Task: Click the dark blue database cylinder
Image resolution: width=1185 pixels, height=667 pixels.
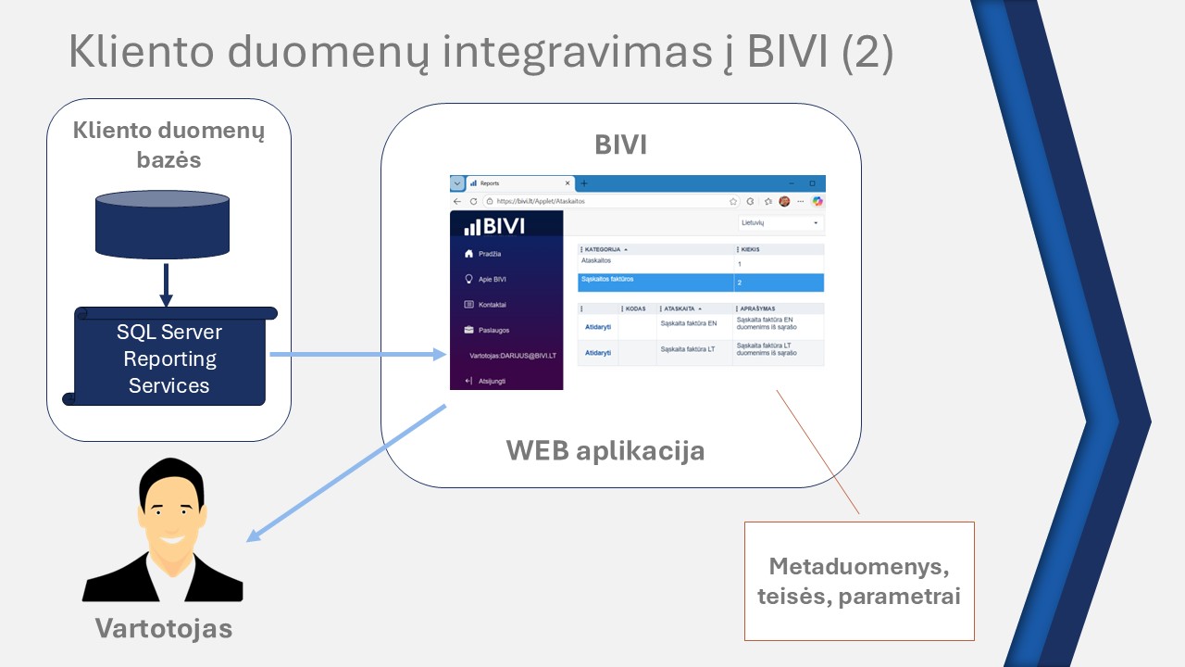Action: coord(162,224)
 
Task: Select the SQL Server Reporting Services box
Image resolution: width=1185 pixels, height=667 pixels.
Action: coord(169,359)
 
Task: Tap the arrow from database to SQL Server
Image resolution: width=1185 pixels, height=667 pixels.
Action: coord(166,285)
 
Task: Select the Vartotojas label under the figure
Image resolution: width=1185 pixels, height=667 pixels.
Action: coord(163,629)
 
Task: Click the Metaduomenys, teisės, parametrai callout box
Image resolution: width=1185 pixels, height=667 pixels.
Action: coord(859,581)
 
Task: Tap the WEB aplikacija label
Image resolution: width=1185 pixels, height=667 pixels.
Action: coord(605,451)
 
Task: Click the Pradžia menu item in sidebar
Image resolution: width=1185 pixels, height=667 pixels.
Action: coord(490,254)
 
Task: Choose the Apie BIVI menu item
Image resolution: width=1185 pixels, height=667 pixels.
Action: coord(492,279)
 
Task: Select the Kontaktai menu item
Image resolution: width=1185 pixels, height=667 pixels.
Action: coord(492,305)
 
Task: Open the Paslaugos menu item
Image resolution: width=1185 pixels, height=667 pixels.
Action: coord(493,330)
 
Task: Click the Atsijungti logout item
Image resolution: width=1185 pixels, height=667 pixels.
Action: coord(492,381)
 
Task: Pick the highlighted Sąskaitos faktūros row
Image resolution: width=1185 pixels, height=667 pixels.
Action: coord(700,282)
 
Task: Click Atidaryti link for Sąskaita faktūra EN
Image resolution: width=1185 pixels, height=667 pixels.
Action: coord(598,326)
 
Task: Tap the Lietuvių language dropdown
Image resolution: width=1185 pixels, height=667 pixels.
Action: coord(780,223)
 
